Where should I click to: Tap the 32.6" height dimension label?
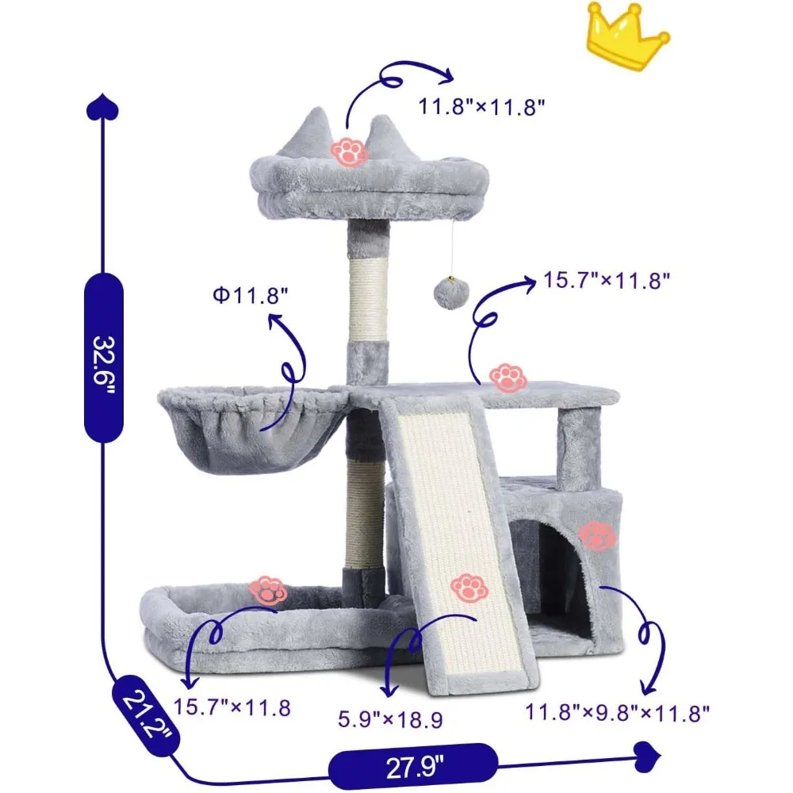104,356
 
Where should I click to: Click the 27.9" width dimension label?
410,766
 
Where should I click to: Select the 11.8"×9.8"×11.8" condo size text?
616,712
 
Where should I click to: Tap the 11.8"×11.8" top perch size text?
483,106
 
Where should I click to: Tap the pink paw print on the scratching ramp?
469,588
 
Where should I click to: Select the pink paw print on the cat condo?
596,537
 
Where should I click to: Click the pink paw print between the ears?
348,151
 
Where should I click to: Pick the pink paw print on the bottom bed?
268,591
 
